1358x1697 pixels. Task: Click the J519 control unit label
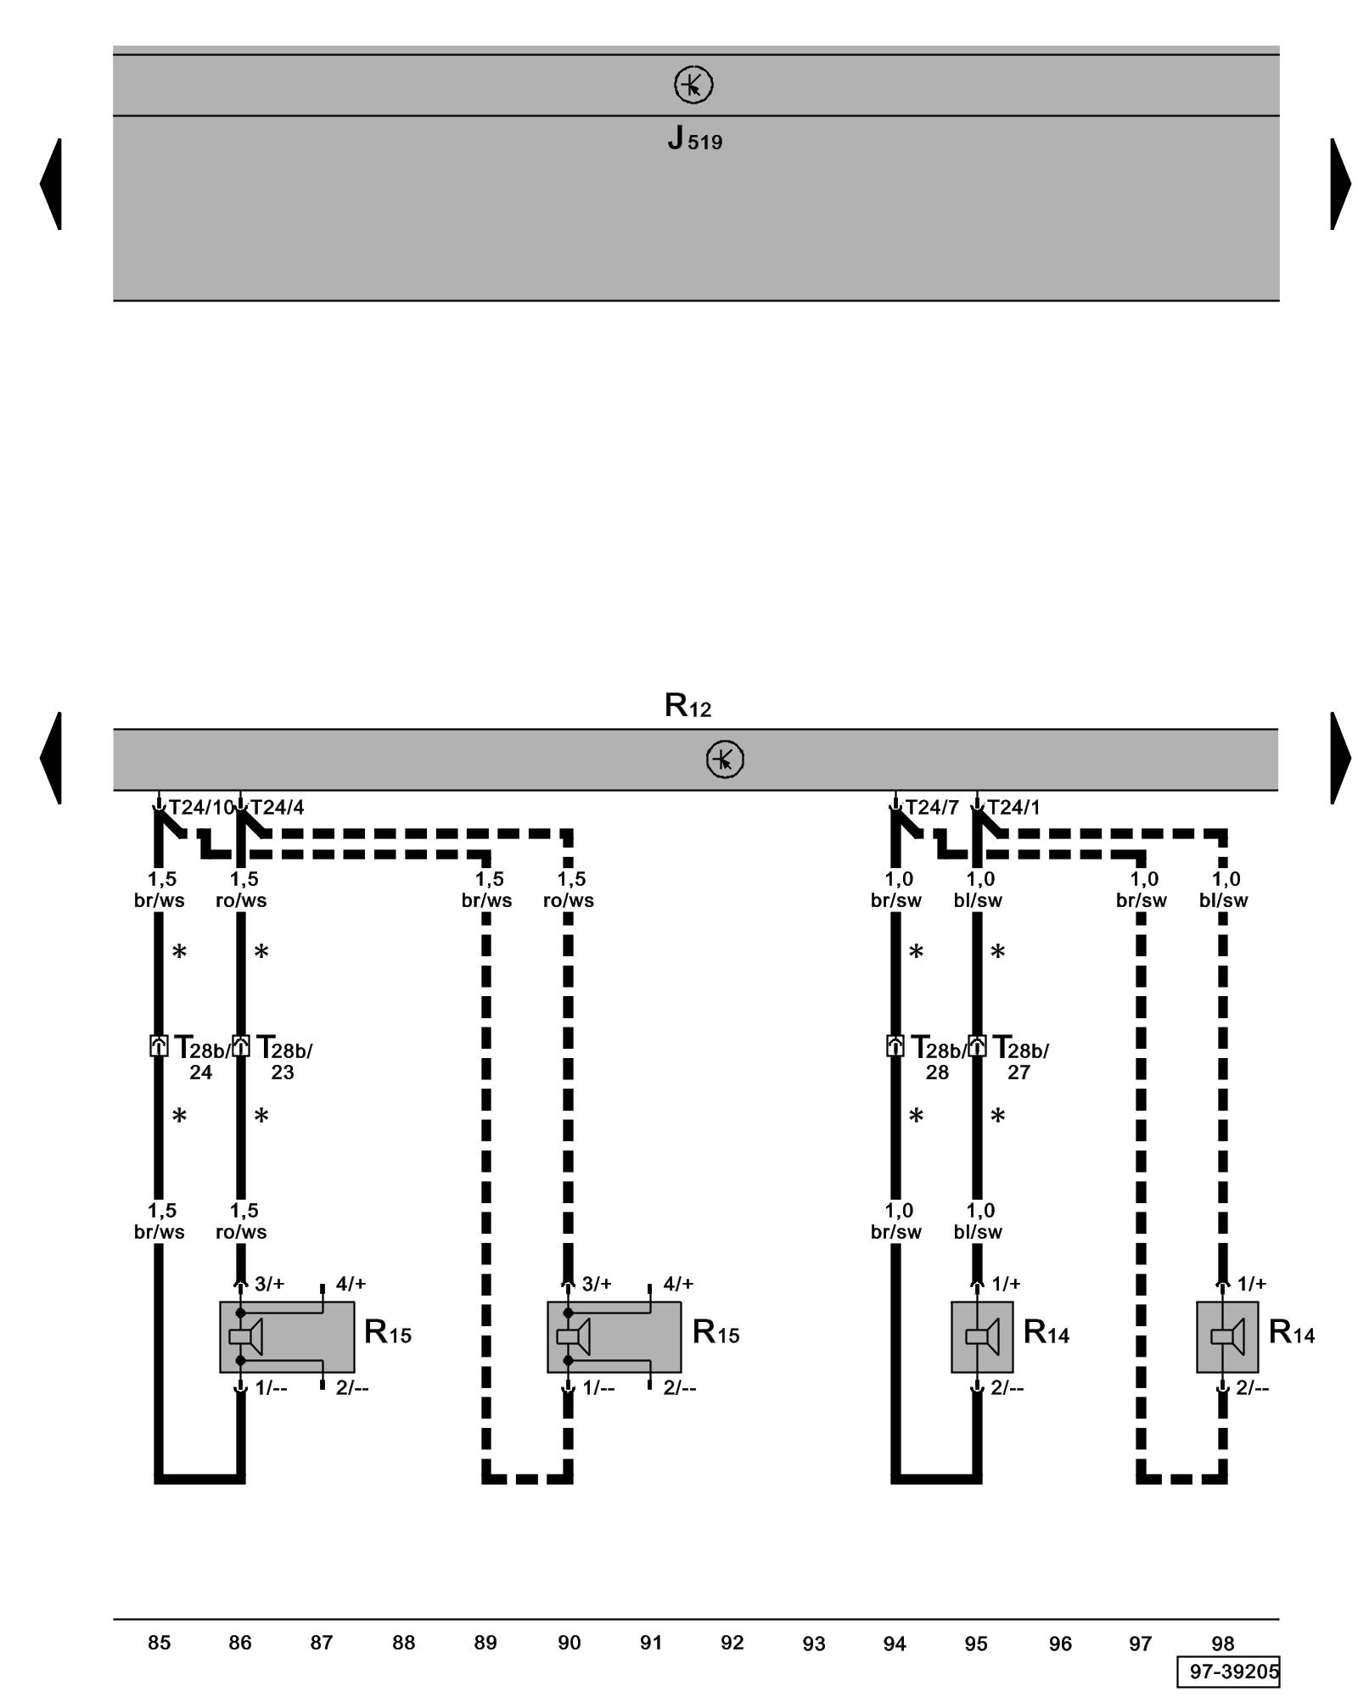(694, 138)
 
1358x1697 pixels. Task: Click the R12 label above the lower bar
(687, 705)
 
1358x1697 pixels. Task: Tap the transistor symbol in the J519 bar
(693, 86)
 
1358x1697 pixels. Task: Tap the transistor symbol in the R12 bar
(725, 759)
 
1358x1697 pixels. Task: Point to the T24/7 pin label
(931, 807)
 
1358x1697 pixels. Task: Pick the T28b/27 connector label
(1019, 1057)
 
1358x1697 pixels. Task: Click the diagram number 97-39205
(1227, 1672)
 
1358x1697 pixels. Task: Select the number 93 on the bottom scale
(813, 1644)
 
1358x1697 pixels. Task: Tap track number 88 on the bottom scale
(403, 1643)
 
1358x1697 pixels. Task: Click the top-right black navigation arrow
(1339, 184)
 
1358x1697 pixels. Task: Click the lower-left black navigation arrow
(52, 758)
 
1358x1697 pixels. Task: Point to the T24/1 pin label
(1013, 807)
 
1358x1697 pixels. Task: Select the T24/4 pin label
(277, 807)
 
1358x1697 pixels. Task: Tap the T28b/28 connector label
(937, 1057)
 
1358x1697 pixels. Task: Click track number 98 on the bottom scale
(1222, 1644)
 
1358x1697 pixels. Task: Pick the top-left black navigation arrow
(52, 184)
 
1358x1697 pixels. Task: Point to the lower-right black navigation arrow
(1339, 758)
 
